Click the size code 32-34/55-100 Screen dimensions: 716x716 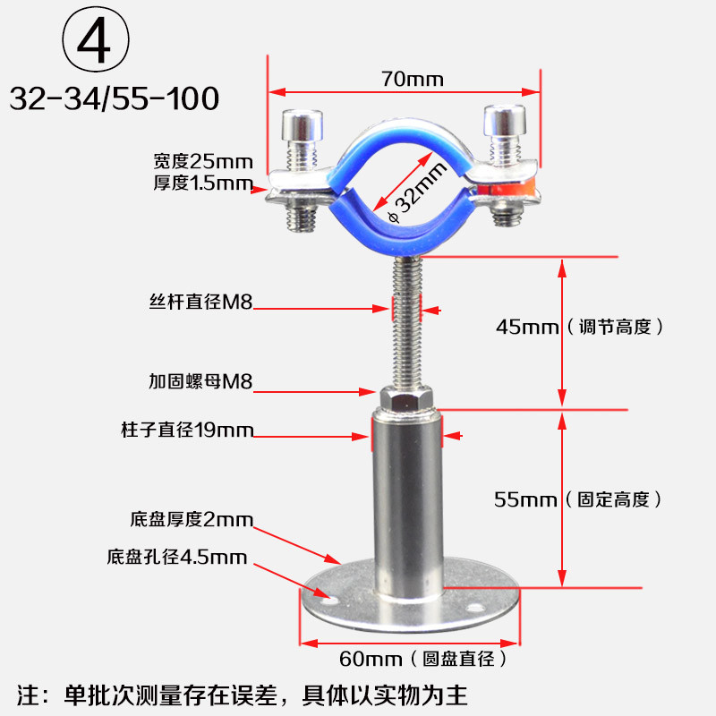pos(115,98)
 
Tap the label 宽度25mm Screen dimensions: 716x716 pos(203,162)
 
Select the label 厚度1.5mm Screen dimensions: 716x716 pos(203,184)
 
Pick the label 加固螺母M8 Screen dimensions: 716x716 pos(200,381)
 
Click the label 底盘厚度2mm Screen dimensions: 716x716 pos(192,519)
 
